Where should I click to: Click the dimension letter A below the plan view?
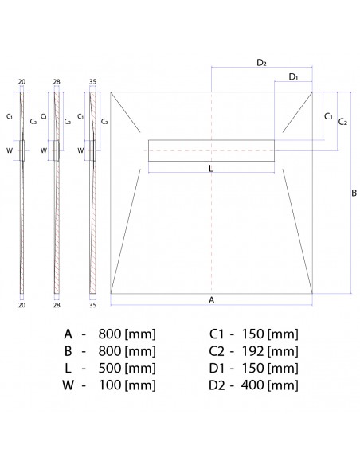click(211, 300)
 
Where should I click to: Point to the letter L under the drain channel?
click(210, 170)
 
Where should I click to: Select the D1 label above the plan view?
click(293, 76)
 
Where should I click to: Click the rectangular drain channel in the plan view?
click(211, 150)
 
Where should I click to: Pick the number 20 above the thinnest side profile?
click(22, 81)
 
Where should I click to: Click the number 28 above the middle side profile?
click(57, 81)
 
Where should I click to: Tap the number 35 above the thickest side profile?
click(92, 81)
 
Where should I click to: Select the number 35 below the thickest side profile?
click(92, 304)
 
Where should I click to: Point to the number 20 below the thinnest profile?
click(22, 304)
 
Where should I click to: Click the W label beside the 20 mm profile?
click(10, 149)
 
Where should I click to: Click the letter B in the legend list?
click(68, 351)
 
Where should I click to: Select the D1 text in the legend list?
click(217, 369)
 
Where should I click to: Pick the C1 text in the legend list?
click(217, 334)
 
